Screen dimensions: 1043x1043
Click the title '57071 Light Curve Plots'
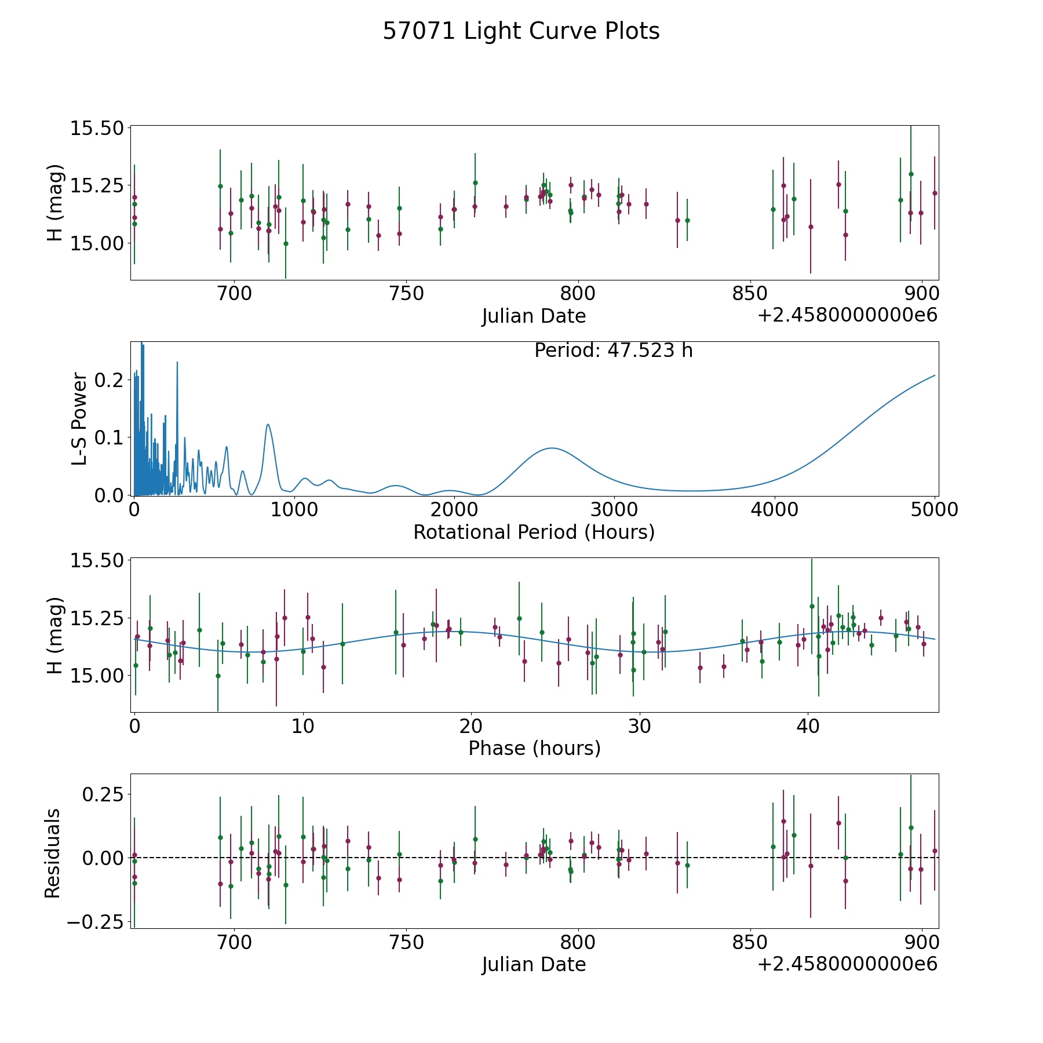521,31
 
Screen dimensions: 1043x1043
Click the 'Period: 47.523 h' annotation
613,351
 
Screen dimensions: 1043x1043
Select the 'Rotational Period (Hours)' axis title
534,532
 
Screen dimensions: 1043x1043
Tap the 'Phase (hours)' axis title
534,748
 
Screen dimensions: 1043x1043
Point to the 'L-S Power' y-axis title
79,418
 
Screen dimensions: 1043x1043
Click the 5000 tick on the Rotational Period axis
934,509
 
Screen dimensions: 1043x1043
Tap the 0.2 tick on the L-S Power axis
109,380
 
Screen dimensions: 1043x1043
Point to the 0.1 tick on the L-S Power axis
109,437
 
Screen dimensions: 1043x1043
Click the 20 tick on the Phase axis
471,725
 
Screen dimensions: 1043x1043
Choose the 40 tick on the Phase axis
808,725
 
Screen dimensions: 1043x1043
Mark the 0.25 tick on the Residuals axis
102,794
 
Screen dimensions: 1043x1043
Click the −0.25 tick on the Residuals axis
95,922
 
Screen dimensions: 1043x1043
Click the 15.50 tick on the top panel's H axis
96,128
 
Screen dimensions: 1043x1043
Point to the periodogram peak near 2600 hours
552,448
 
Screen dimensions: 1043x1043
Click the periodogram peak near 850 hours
268,424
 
